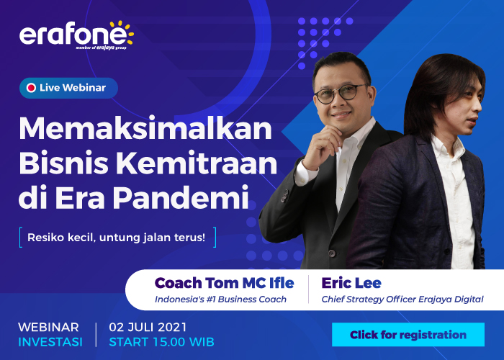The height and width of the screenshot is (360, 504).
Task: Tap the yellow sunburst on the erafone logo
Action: point(123,30)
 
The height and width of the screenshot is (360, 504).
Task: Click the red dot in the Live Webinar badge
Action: point(31,88)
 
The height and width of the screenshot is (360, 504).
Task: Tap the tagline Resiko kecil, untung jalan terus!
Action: point(116,236)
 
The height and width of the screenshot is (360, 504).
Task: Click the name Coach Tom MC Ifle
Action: point(225,282)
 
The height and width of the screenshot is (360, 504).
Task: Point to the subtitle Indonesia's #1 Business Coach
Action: point(221,299)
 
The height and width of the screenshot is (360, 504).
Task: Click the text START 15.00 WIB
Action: point(161,341)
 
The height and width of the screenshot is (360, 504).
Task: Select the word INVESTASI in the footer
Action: point(50,341)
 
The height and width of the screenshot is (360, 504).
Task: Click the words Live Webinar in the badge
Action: point(73,88)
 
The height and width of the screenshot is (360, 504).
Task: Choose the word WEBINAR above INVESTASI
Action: point(48,327)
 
